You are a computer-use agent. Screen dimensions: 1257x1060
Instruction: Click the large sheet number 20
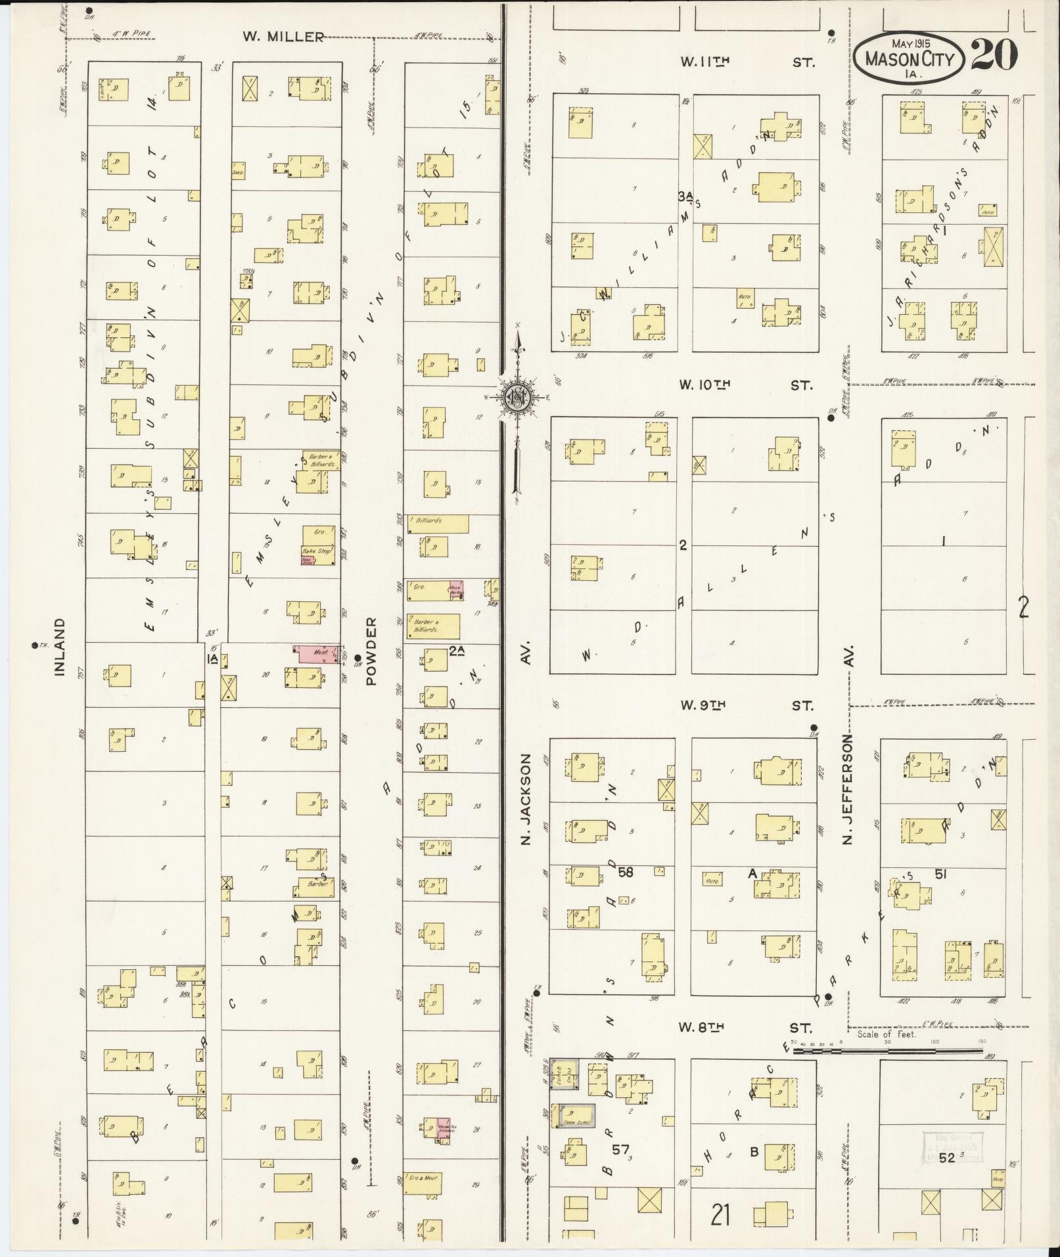[x=994, y=55]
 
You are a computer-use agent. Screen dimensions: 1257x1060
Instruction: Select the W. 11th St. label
[x=747, y=62]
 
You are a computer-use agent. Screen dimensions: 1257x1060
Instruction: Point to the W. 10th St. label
[x=747, y=386]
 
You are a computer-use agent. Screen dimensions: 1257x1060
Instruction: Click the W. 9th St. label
[x=747, y=706]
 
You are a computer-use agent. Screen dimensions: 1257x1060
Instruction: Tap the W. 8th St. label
[x=745, y=1028]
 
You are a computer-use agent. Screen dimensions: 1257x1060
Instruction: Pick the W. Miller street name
[x=283, y=37]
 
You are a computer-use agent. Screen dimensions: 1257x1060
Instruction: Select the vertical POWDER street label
[x=372, y=651]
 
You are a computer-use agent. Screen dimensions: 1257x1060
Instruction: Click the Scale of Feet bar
[x=888, y=1050]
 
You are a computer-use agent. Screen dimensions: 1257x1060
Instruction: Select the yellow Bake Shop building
[x=319, y=545]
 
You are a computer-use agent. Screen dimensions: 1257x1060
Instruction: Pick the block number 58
[x=626, y=872]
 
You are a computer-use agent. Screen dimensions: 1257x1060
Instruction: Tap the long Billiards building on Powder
[x=438, y=524]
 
